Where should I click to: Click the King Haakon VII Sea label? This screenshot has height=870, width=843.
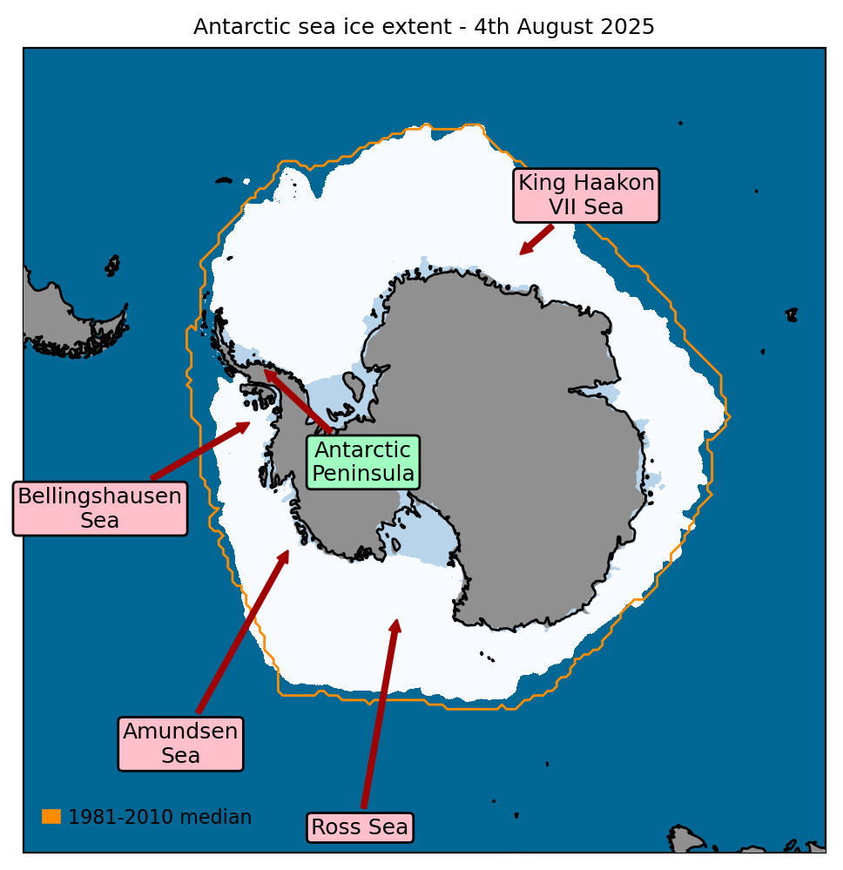tap(586, 195)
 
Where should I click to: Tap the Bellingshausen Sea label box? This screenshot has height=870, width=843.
tap(100, 509)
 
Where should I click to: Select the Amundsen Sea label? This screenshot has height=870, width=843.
tap(180, 744)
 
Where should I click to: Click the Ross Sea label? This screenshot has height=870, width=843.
tap(360, 827)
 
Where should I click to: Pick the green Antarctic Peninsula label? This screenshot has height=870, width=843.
tap(363, 462)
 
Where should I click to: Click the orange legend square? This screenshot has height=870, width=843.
tap(51, 817)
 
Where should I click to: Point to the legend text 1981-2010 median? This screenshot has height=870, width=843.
tap(159, 818)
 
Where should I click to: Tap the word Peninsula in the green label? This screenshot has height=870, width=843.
tap(363, 474)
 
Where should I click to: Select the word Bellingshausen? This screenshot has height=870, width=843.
tap(100, 496)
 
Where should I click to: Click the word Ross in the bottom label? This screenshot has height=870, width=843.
tap(331, 827)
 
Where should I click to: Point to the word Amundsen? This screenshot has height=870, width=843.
tap(180, 732)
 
